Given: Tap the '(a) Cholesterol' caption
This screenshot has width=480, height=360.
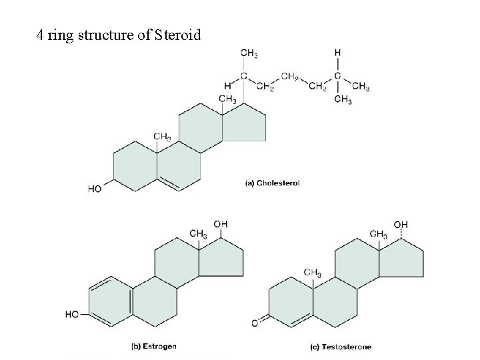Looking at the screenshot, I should pos(273,183).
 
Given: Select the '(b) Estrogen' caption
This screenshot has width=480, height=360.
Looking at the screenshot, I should pos(154,346).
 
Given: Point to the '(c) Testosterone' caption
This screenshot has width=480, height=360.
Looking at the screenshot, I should pos(341,346).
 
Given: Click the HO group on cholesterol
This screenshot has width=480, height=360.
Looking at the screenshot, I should pos(95,189).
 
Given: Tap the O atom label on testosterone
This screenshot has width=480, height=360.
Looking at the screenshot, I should pos(254,323).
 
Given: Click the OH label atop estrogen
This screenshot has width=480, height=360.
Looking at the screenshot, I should pos(221,223).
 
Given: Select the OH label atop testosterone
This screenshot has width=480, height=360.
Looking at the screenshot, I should pos(400,225).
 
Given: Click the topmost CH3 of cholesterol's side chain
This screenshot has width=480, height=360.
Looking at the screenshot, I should pos(249,53).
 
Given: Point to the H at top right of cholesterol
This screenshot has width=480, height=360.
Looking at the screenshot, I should pos(337,52).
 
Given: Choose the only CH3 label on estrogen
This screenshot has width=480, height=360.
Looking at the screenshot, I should pos(198,233).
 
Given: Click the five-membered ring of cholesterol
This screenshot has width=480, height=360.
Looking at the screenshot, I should pos(245,123).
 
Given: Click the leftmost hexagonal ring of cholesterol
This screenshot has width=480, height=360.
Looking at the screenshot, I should pos(135,167).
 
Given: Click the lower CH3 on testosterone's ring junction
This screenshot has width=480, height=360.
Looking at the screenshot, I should pos(313,273).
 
